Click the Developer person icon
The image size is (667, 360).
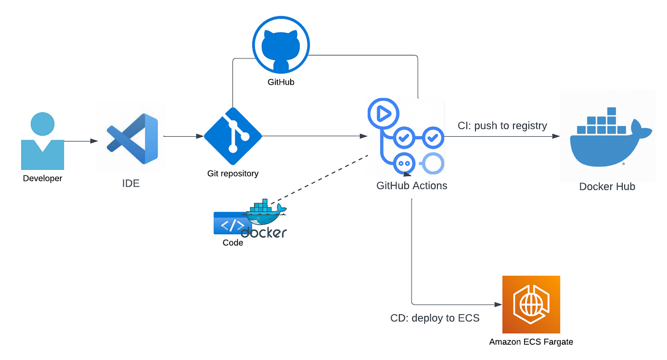[x=42, y=141]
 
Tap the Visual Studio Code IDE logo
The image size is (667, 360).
[x=132, y=139]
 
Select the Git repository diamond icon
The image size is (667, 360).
[x=233, y=136]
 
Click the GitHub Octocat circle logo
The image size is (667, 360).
[x=281, y=45]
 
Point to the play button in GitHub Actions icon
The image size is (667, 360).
[x=384, y=114]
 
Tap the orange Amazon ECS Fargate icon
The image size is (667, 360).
[x=531, y=304]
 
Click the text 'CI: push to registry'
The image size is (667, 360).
[x=502, y=126]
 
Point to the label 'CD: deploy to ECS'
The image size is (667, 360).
[x=435, y=318]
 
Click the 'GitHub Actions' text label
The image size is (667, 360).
[x=412, y=186]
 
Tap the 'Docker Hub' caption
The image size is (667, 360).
[x=607, y=187]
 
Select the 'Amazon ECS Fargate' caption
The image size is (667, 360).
[x=531, y=342]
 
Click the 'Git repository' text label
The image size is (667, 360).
[x=233, y=173]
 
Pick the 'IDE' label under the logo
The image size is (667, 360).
[x=131, y=183]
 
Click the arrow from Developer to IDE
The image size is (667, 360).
[x=81, y=141]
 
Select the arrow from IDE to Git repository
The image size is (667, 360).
[x=183, y=136]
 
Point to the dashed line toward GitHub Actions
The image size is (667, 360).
[x=319, y=180]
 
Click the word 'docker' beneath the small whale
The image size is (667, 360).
[x=264, y=232]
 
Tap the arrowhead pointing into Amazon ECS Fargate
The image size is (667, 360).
[x=498, y=304]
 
